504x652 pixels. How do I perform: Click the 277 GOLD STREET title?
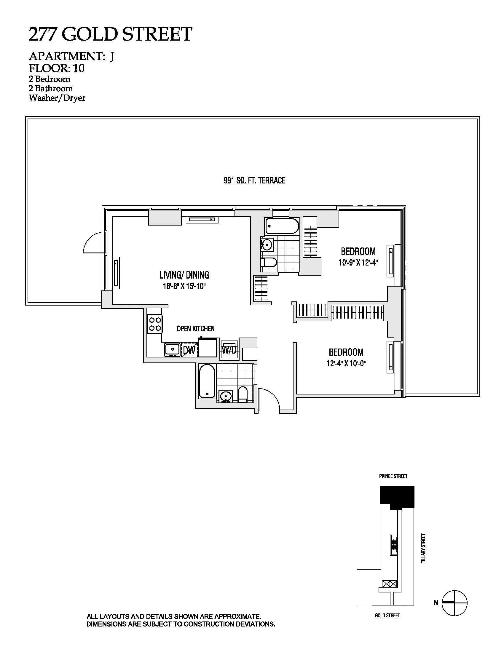[x=110, y=34]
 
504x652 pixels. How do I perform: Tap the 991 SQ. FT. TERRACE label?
[x=254, y=180]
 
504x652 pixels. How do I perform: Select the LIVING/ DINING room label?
[x=184, y=275]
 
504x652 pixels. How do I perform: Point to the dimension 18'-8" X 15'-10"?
[x=184, y=287]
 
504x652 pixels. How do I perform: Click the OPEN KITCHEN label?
[x=196, y=329]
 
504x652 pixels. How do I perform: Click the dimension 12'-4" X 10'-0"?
[x=346, y=364]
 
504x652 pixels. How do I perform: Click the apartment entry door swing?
[x=270, y=399]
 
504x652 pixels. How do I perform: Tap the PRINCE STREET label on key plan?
[x=393, y=476]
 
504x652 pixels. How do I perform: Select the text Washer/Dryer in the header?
[x=57, y=98]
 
